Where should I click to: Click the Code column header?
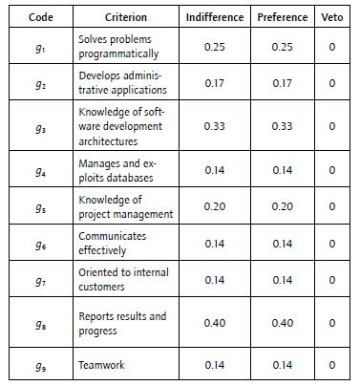click(40, 17)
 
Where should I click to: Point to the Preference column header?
click(283, 17)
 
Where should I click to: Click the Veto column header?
click(331, 17)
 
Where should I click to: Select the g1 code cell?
click(40, 47)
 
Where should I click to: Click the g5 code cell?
click(40, 206)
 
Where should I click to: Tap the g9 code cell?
click(40, 364)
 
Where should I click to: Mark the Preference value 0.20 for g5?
click(283, 206)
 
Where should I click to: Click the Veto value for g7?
click(331, 280)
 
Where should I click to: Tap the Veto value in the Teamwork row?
click(331, 364)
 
